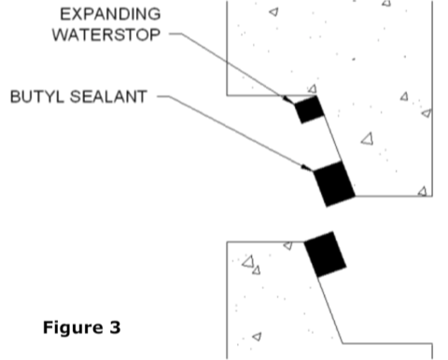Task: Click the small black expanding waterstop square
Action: [308, 108]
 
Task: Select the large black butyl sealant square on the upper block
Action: [334, 184]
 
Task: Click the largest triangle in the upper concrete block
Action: [367, 139]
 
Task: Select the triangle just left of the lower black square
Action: [287, 246]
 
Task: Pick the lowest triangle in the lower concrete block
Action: [257, 336]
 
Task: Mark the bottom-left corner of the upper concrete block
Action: [228, 95]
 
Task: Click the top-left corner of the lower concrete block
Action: [228, 241]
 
